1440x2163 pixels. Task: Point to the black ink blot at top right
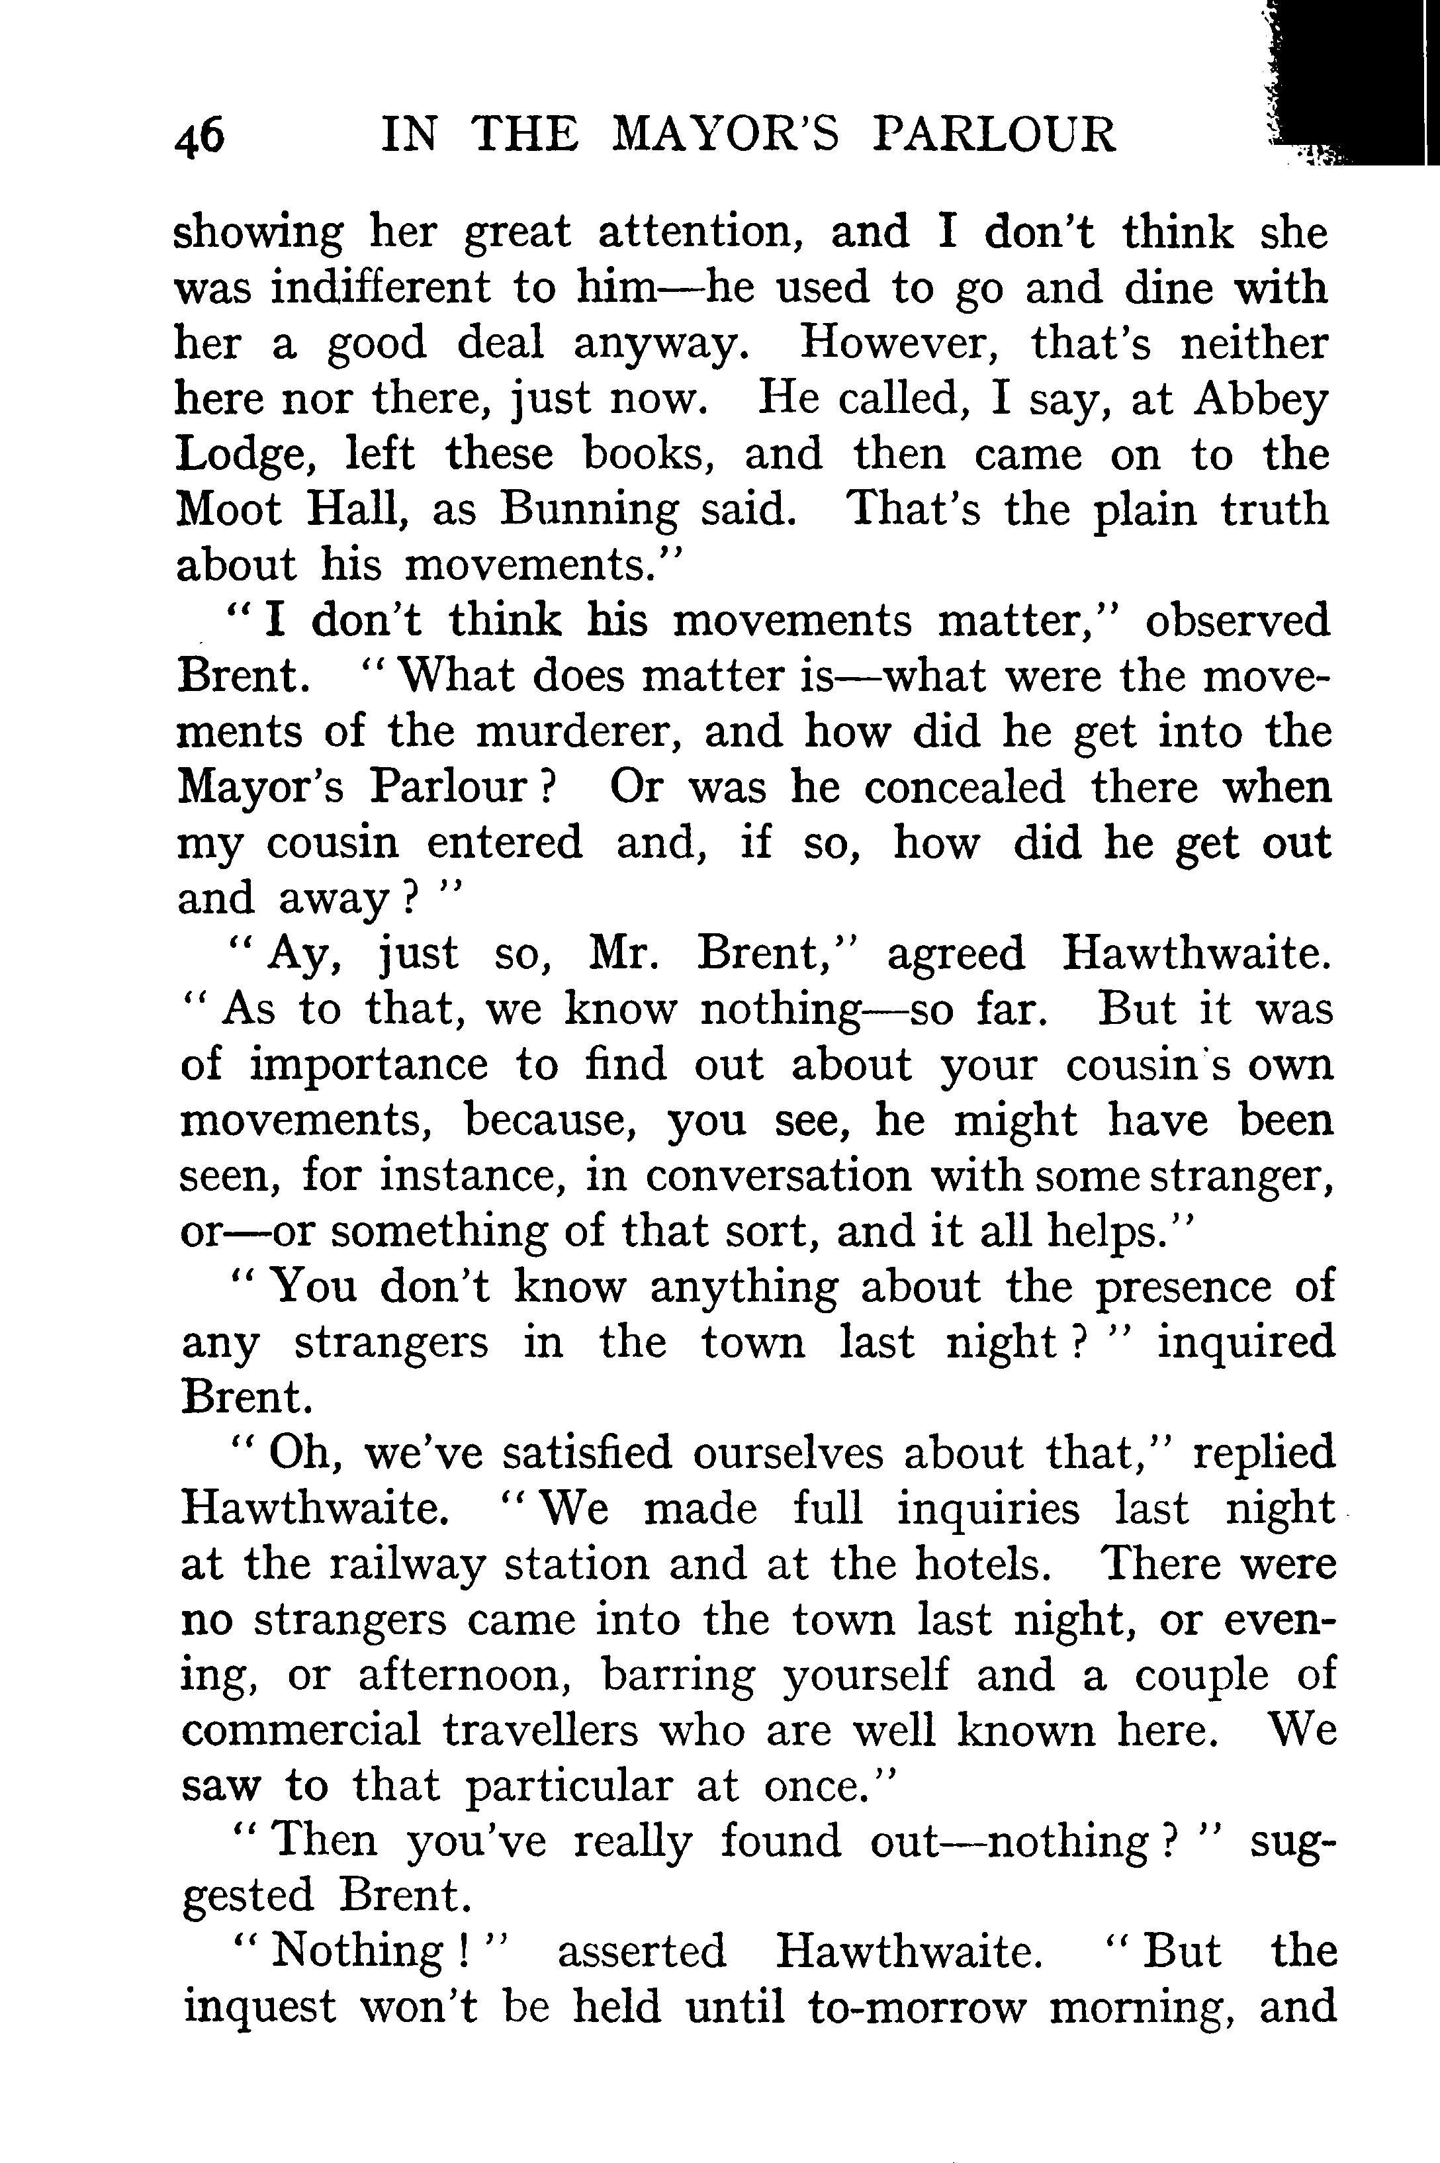pos(1350,83)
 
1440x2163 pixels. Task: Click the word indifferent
pos(381,289)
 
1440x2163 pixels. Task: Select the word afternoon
pos(467,1677)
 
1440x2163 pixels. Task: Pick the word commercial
pos(301,1731)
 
